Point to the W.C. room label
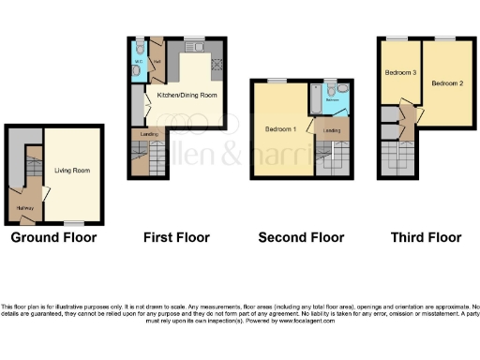coord(138,64)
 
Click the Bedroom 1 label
coord(281,129)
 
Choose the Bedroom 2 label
coord(447,83)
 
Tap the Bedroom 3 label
coord(400,71)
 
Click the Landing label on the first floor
coord(149,135)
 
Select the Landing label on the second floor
coord(331,129)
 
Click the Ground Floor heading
coord(53,237)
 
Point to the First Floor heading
coord(176,237)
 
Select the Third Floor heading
coord(426,237)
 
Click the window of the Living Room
coord(71,221)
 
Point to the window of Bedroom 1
coord(278,81)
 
